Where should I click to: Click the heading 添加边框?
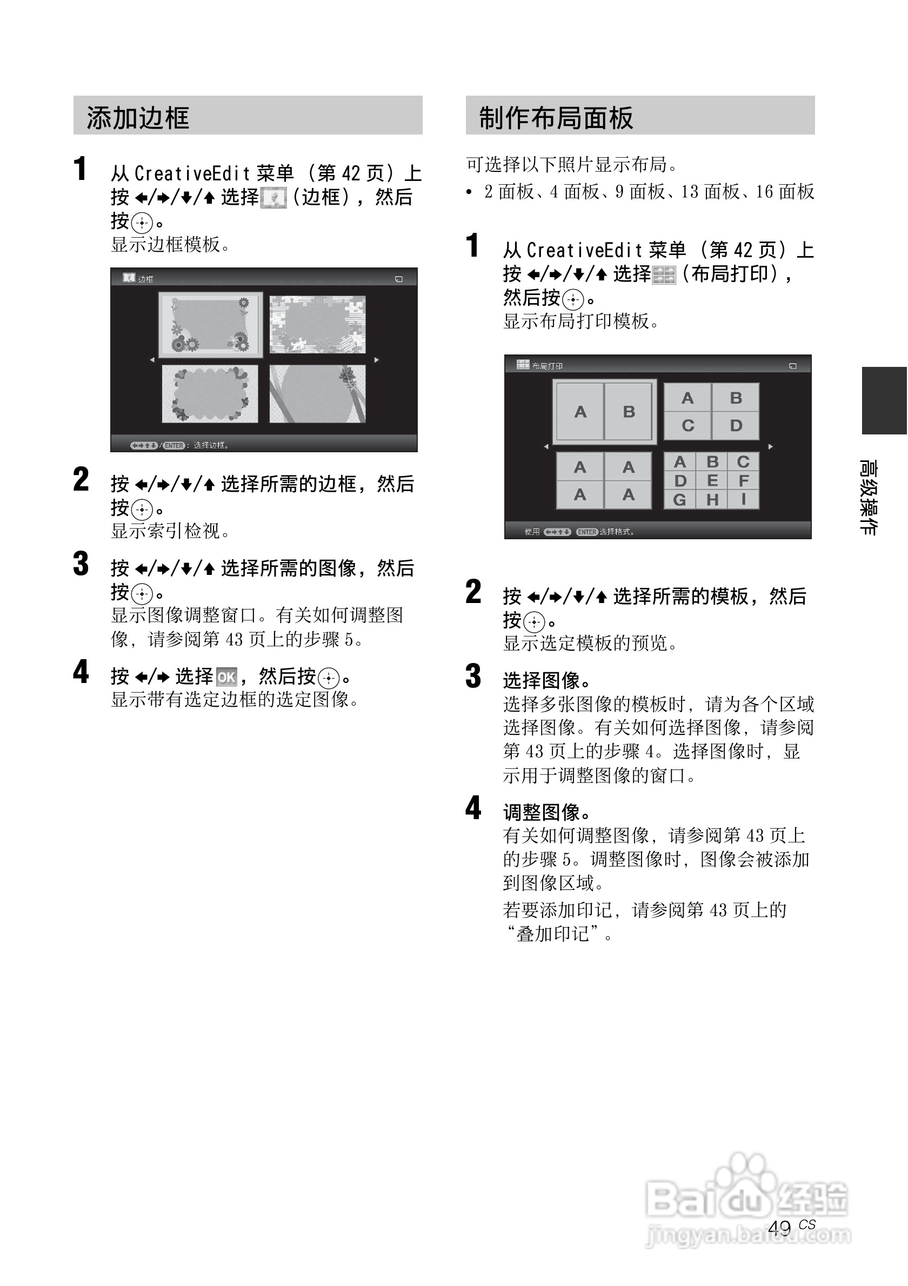pos(138,118)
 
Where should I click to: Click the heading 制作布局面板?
pos(556,118)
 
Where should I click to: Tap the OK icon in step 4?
pos(226,677)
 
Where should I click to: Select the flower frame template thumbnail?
pos(211,325)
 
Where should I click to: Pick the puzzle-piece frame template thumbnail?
pos(317,325)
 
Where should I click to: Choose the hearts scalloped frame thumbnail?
pos(210,394)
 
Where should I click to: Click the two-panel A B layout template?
pos(604,412)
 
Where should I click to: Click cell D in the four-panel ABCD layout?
pos(736,426)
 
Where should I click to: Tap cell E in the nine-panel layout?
pos(712,480)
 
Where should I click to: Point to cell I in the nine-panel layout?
pos(743,499)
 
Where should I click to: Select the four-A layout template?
pos(604,480)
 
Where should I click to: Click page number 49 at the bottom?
pos(779,1228)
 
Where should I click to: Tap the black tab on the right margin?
pos(884,400)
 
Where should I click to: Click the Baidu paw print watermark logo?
pos(748,1181)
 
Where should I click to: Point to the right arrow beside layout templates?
pos(770,446)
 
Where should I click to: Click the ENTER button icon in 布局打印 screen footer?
pos(586,532)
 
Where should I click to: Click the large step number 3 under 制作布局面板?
pos(473,676)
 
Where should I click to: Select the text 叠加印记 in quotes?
pos(552,934)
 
